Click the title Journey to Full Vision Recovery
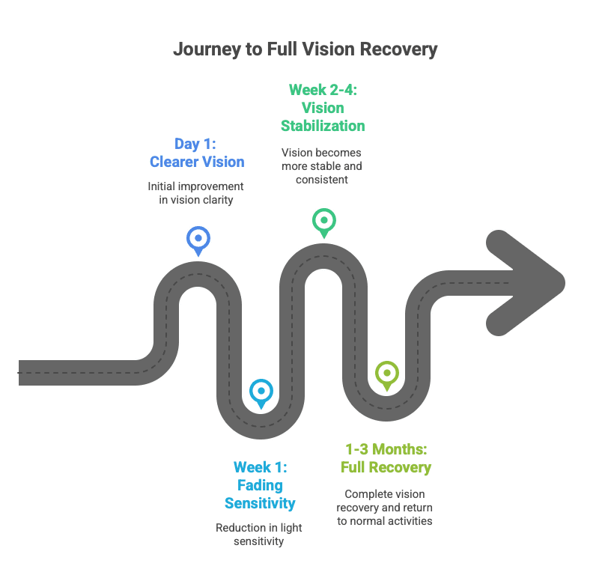click(305, 50)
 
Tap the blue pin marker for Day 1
click(198, 239)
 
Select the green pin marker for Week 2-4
click(323, 221)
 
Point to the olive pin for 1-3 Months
click(386, 373)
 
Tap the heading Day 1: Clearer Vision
click(197, 152)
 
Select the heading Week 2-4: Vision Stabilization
click(323, 107)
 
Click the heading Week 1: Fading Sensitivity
click(260, 484)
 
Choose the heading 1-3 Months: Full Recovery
click(386, 458)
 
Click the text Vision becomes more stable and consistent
click(323, 165)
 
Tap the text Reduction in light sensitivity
click(260, 534)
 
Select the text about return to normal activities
click(386, 507)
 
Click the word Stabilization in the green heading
click(323, 125)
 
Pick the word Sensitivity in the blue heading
click(260, 502)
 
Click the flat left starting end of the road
click(22, 372)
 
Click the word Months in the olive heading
click(401, 449)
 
